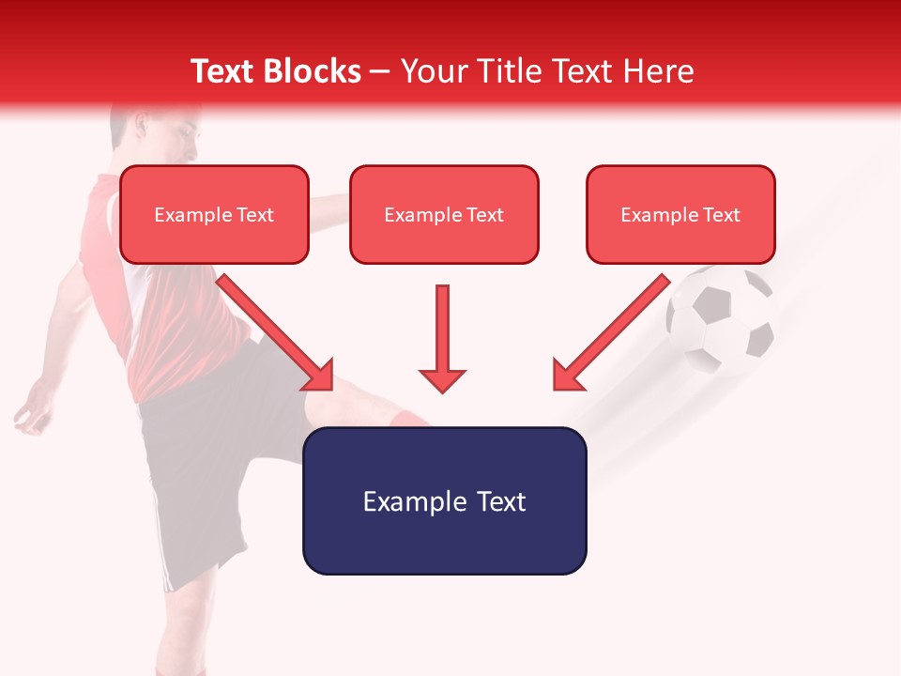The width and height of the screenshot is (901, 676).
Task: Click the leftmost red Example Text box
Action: [214, 215]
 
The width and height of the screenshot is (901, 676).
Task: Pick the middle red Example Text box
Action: [444, 215]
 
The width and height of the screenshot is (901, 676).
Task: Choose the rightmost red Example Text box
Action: [680, 215]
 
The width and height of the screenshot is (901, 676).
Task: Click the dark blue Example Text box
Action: [444, 500]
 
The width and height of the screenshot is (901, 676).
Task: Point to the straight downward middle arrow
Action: [442, 329]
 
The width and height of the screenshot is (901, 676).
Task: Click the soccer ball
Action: [721, 319]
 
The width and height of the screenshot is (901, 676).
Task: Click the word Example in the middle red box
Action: [417, 215]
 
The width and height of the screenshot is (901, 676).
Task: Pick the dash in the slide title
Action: [380, 72]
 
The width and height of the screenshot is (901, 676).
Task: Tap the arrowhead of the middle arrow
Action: [442, 379]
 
